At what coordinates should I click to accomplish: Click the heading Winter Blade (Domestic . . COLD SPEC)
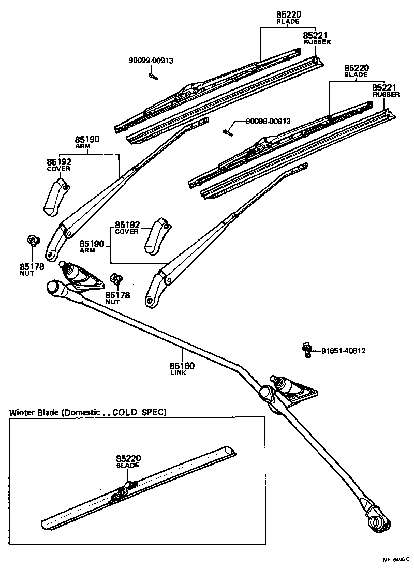tap(88, 412)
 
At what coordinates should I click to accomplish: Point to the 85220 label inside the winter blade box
tap(128, 458)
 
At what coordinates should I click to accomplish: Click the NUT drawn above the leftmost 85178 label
tap(33, 240)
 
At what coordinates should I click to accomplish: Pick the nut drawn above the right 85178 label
tap(116, 279)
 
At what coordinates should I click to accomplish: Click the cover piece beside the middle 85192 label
tap(156, 236)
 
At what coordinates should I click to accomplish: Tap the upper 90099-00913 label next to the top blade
tap(151, 61)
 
